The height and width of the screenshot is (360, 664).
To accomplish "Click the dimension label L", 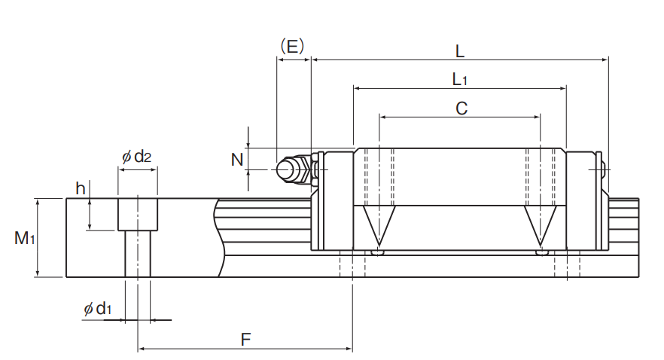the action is tap(460, 52).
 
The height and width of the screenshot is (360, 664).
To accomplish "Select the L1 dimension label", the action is tap(460, 79).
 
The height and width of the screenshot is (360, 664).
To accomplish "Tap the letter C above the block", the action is tap(461, 108).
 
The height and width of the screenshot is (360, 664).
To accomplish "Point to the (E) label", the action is tap(293, 46).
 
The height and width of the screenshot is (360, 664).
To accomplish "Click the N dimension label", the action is tap(237, 160).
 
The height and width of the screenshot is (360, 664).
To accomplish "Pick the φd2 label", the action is tap(136, 157).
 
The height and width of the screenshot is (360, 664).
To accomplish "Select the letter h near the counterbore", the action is tap(81, 188).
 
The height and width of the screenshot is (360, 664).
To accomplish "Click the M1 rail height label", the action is tap(25, 238).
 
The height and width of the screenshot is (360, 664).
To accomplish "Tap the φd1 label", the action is tap(97, 309).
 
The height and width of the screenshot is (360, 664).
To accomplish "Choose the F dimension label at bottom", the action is tap(245, 340).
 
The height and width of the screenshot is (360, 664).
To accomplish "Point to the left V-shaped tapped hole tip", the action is tap(379, 245).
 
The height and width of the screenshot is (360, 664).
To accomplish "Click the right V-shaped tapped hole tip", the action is tap(541, 245).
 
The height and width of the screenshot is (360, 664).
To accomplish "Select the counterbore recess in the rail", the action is tap(138, 215).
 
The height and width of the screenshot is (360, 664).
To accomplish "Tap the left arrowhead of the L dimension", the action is tap(315, 60).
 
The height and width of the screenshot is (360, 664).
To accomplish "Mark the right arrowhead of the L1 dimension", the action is tap(563, 88).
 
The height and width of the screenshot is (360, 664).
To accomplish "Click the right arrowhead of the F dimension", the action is tap(349, 349).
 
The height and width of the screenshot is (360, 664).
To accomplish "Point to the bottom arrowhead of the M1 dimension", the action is tap(38, 273).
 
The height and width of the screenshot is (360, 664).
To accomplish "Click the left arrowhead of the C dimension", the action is tap(382, 117).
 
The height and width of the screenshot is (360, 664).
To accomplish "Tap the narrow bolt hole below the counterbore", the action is tap(138, 254).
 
